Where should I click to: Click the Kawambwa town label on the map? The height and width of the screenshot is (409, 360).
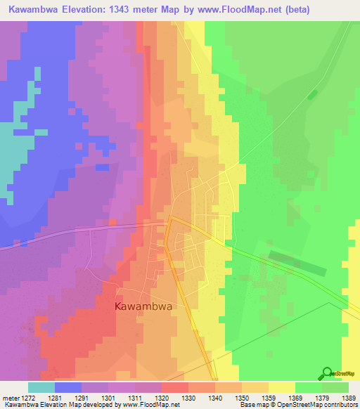click(143, 307)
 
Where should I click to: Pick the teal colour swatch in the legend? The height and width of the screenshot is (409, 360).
click(41, 387)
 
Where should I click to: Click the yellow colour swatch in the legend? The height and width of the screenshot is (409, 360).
click(282, 387)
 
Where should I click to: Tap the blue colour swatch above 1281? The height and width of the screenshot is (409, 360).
click(68, 387)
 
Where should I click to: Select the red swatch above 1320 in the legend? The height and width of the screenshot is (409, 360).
click(175, 387)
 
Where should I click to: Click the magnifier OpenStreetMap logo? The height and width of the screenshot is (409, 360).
click(327, 374)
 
